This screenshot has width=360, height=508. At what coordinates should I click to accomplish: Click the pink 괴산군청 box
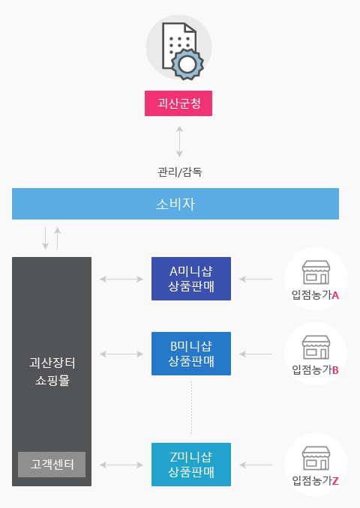(178, 103)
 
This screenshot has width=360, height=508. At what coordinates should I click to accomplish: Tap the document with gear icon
(182, 51)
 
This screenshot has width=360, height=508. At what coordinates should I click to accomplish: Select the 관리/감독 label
(180, 172)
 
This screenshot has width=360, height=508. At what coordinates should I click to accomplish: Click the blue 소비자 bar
(175, 204)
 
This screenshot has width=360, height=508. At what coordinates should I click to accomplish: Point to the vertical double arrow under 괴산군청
(179, 142)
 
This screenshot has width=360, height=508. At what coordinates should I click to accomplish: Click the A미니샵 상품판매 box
(191, 279)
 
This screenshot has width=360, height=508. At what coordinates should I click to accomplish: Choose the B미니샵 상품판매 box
(191, 354)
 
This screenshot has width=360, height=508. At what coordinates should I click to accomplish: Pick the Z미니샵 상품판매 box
(191, 465)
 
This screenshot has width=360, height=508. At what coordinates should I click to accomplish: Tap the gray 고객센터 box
(52, 465)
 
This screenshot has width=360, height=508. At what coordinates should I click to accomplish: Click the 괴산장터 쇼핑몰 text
(52, 372)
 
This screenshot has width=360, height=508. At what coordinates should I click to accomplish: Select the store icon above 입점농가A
(316, 272)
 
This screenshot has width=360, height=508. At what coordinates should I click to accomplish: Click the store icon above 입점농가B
(316, 347)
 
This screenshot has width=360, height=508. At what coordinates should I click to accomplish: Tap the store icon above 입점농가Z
(316, 458)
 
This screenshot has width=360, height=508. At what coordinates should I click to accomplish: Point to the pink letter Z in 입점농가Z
(335, 481)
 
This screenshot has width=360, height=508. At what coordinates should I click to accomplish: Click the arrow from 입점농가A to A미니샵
(256, 279)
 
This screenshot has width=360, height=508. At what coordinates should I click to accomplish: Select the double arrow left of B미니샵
(121, 354)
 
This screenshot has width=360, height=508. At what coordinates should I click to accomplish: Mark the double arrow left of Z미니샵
(121, 465)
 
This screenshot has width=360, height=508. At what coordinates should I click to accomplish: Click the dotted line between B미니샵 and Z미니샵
(191, 408)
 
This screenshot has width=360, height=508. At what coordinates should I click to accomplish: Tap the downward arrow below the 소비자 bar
(46, 238)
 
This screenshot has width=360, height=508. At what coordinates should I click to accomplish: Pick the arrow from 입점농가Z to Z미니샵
(256, 465)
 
